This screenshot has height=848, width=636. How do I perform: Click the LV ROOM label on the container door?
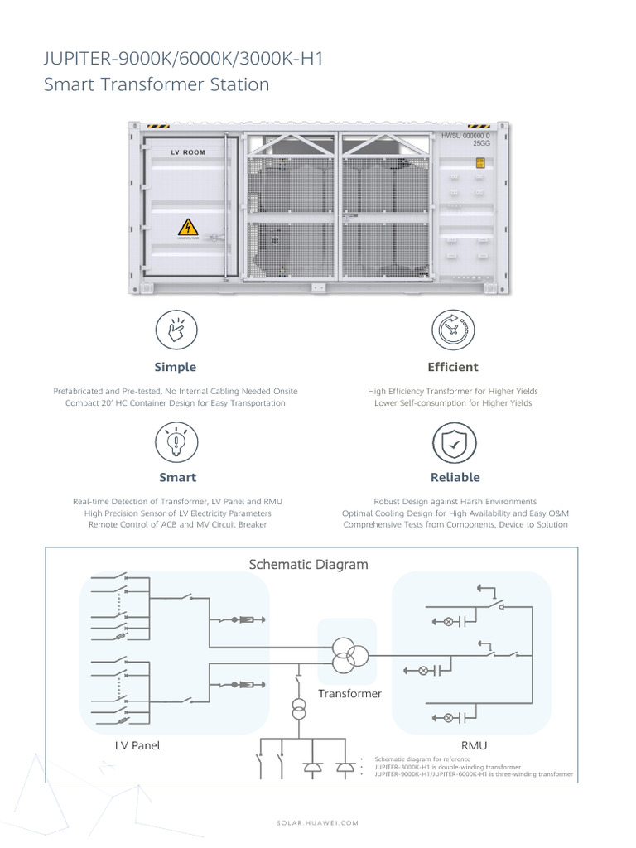click(x=187, y=152)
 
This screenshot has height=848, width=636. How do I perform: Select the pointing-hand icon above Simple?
click(x=176, y=330)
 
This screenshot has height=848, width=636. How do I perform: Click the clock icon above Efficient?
click(x=453, y=330)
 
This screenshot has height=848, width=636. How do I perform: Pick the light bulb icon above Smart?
click(x=176, y=441)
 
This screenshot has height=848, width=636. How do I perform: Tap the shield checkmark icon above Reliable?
click(x=454, y=442)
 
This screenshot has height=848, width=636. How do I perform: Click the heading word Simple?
click(x=176, y=367)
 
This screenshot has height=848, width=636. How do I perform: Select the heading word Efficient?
click(x=453, y=367)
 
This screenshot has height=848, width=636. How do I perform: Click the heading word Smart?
click(x=177, y=477)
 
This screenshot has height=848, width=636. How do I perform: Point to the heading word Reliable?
click(x=455, y=477)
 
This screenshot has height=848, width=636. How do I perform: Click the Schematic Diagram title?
click(x=308, y=565)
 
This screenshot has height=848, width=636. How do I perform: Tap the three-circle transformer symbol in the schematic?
click(x=347, y=654)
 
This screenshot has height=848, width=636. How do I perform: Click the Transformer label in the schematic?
click(x=349, y=693)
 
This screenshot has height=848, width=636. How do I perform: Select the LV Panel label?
click(x=137, y=745)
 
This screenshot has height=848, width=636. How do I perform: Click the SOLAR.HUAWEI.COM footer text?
click(x=317, y=822)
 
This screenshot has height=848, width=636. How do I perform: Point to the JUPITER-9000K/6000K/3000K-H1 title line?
click(x=183, y=60)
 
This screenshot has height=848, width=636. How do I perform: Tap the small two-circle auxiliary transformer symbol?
click(x=298, y=711)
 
